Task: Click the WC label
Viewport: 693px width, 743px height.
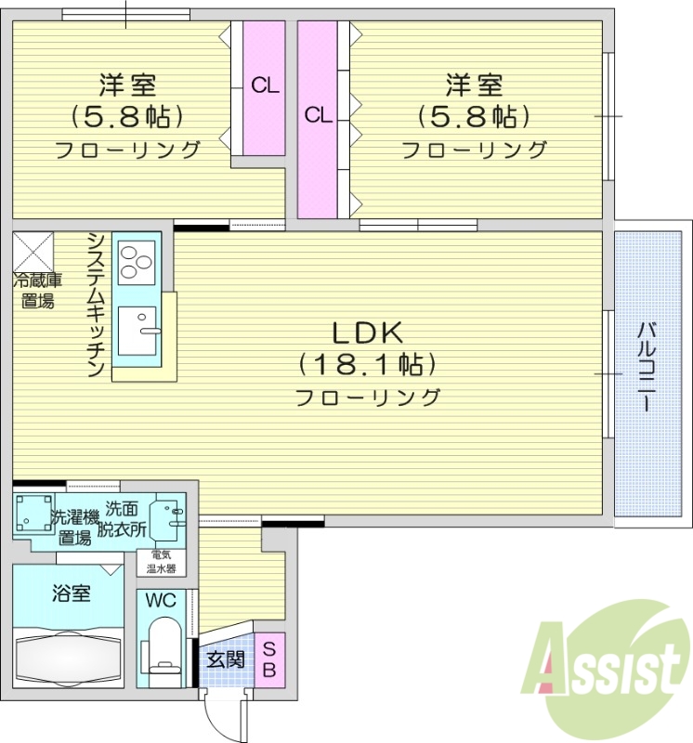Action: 161,600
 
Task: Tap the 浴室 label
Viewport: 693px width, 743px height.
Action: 70,593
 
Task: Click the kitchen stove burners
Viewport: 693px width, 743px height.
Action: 137,260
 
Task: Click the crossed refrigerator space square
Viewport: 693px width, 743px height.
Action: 33,252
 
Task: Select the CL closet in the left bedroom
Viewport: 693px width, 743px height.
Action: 265,87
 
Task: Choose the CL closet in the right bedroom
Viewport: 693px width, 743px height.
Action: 318,117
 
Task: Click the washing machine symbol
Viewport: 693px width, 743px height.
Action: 33,515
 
